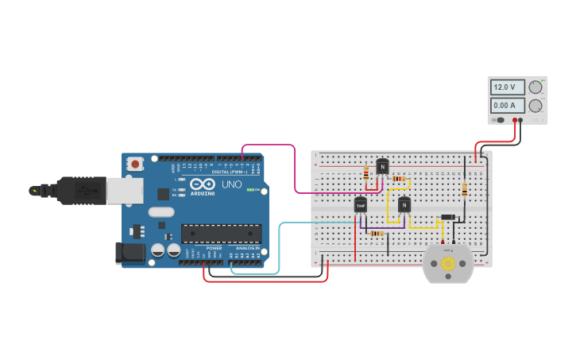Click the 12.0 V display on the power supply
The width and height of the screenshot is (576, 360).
(508, 87)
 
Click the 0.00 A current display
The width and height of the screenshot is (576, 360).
(508, 105)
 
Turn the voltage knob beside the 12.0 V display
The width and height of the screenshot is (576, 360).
(535, 87)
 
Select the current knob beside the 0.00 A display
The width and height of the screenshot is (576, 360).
(535, 106)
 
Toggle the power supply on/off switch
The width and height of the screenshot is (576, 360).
(500, 121)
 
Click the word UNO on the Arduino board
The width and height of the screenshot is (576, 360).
(231, 184)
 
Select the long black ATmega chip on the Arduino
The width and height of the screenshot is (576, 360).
(221, 233)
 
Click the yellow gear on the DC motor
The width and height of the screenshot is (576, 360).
(448, 263)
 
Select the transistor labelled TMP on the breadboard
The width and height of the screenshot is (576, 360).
(361, 205)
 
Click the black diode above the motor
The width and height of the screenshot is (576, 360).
(448, 218)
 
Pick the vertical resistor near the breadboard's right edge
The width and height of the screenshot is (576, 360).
(464, 190)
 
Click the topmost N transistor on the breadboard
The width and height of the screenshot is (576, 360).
(382, 167)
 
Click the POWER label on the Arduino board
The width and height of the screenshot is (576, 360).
(214, 248)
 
